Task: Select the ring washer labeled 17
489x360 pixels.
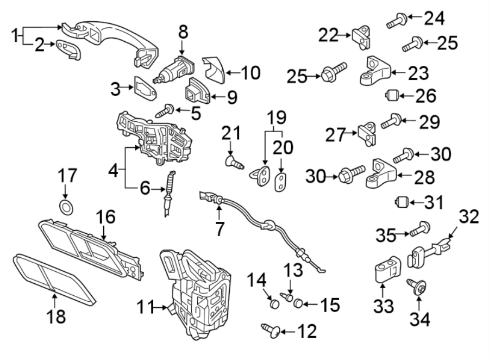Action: (x=66, y=206)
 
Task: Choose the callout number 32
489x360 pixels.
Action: (x=469, y=217)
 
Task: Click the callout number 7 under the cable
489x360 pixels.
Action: (x=219, y=229)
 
